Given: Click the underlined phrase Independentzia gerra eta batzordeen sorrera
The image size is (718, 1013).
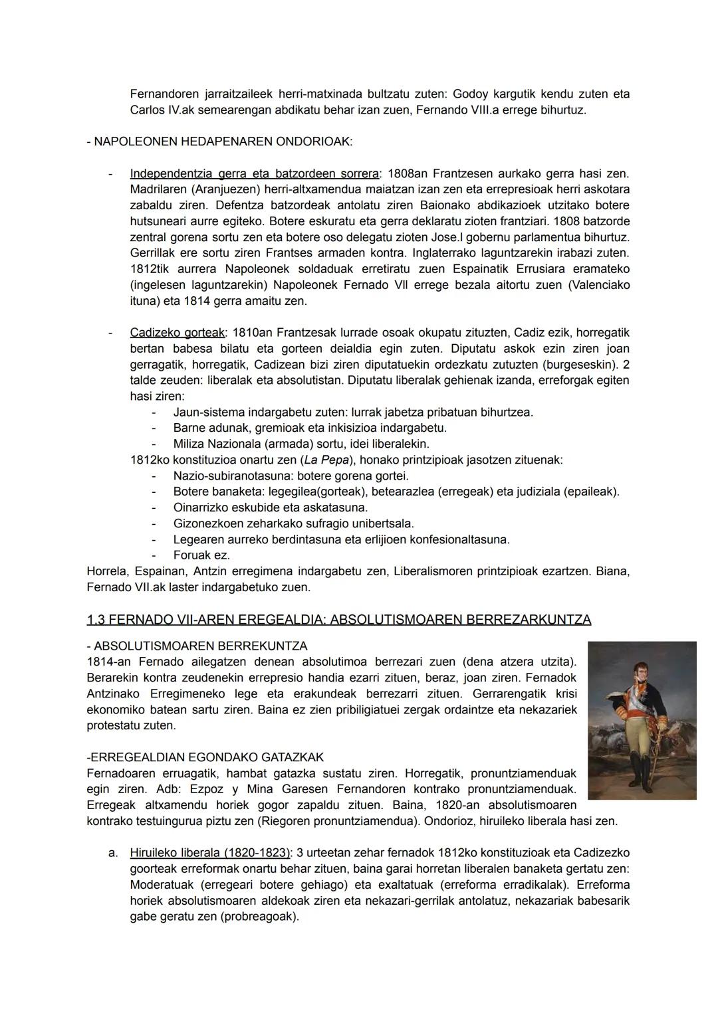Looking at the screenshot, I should pos(254,173).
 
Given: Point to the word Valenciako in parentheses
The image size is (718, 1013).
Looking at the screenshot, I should pos(601,285).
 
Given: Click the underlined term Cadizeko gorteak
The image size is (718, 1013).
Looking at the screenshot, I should pos(177,332).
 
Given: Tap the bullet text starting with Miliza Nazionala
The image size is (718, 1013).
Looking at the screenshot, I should pos(300,444).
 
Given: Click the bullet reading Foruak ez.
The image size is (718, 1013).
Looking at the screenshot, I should pos(201,555).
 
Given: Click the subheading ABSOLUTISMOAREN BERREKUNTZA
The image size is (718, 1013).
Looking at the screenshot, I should pos(201,646).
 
